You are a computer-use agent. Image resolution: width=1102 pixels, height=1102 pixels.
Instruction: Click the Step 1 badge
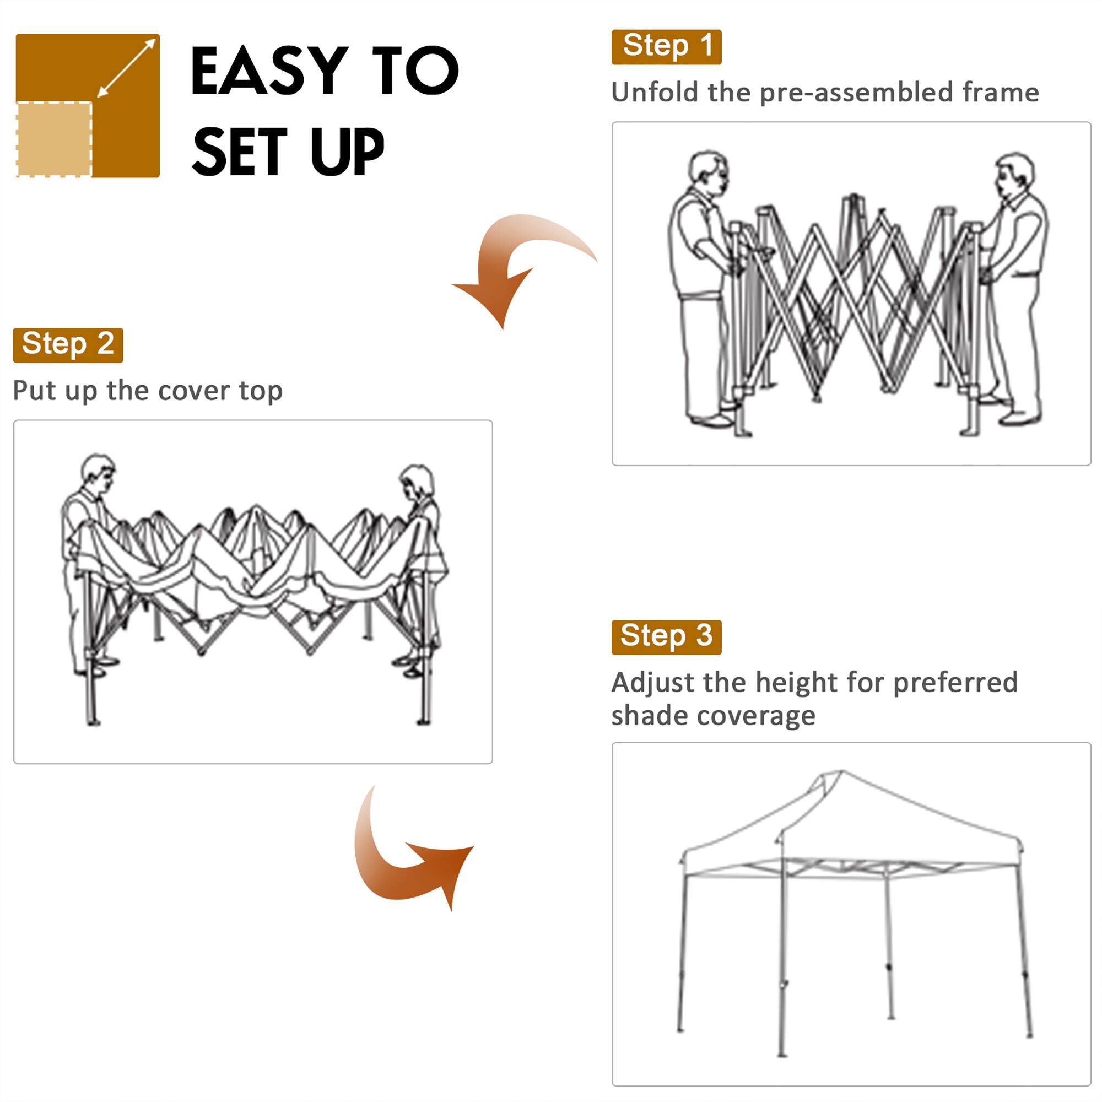pos(666,47)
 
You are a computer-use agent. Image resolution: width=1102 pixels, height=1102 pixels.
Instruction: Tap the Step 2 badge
pos(68,345)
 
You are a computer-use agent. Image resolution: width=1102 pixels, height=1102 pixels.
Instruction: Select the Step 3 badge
pos(666,637)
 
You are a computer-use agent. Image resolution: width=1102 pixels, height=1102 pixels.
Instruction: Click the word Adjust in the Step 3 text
pos(652,683)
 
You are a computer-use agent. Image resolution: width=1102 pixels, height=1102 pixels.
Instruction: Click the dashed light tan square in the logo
pos(54,140)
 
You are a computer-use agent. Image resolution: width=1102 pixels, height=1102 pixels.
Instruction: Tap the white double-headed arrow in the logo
pos(127,67)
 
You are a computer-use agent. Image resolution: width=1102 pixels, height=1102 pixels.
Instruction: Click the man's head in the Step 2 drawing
pos(98,471)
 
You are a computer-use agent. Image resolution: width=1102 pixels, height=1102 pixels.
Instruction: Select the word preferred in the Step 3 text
pos(955,683)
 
